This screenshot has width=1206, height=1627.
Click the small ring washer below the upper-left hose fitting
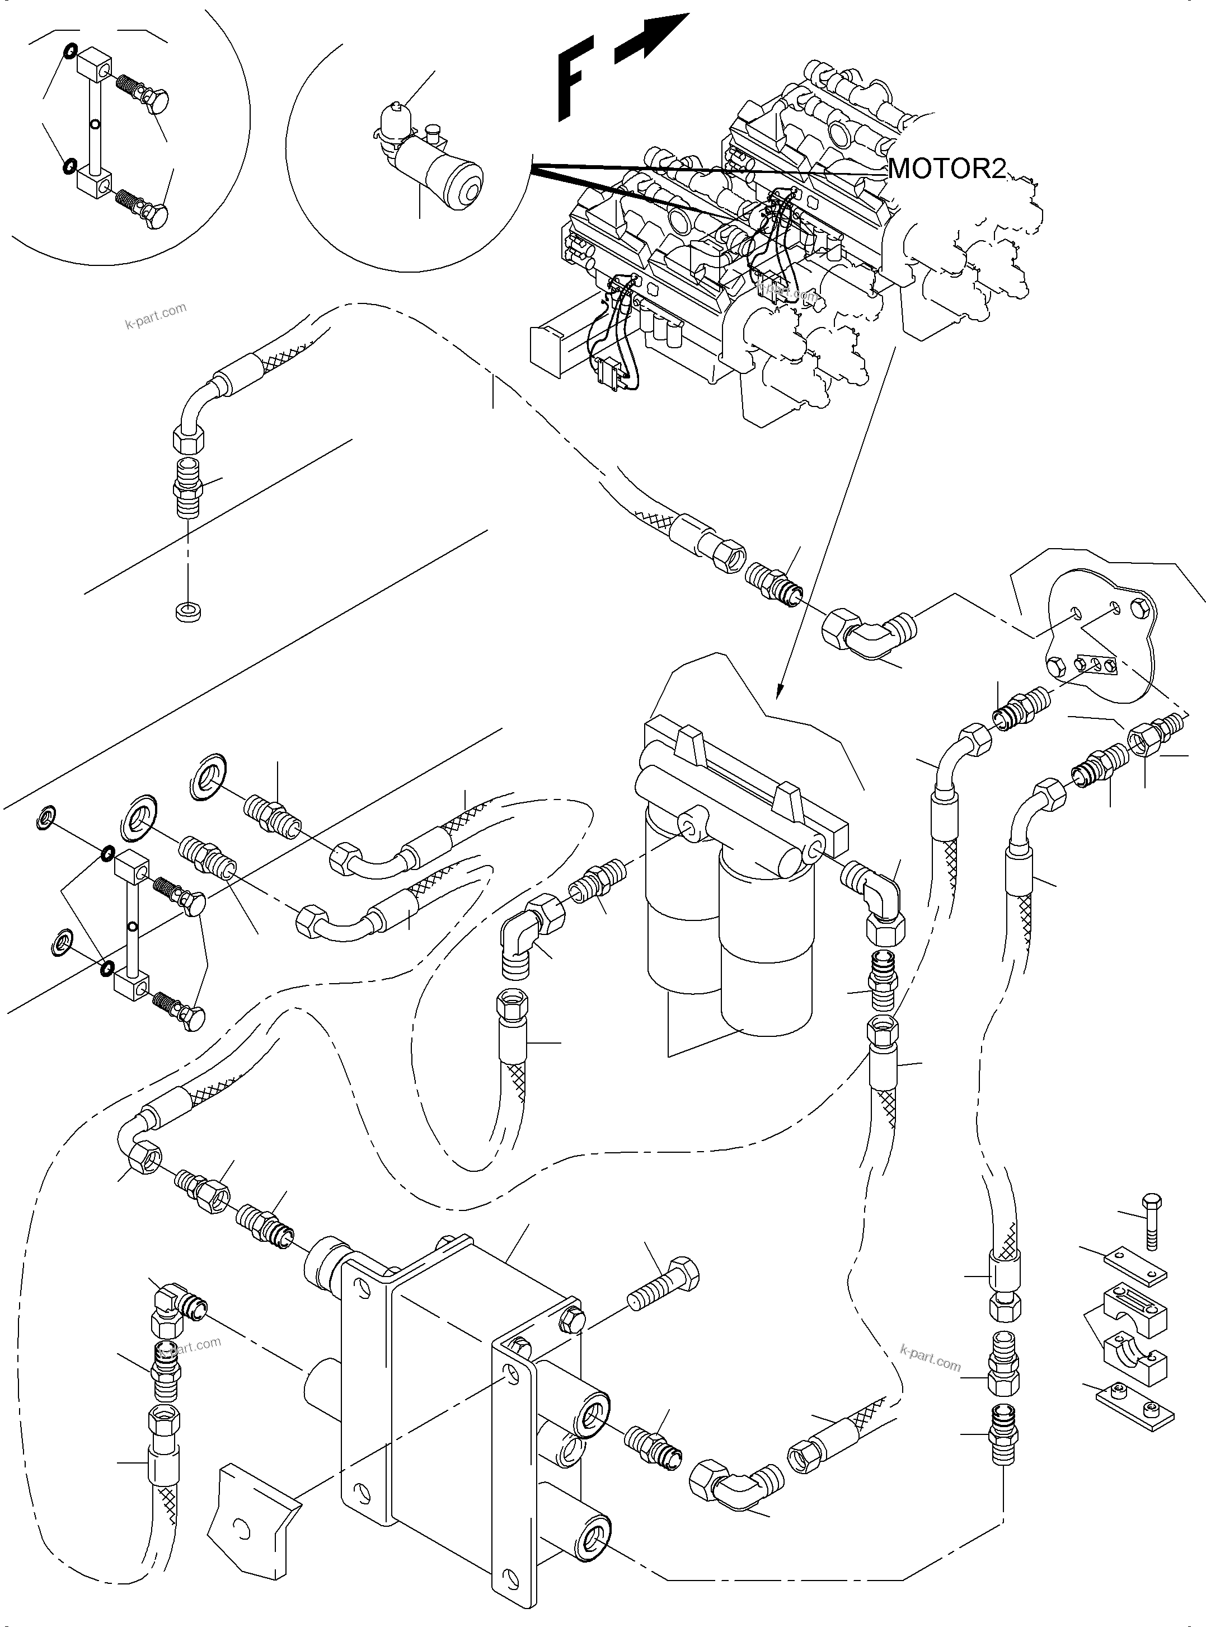point(189,610)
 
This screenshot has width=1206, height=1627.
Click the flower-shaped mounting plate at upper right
point(1099,635)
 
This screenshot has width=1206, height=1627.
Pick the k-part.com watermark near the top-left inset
point(155,315)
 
